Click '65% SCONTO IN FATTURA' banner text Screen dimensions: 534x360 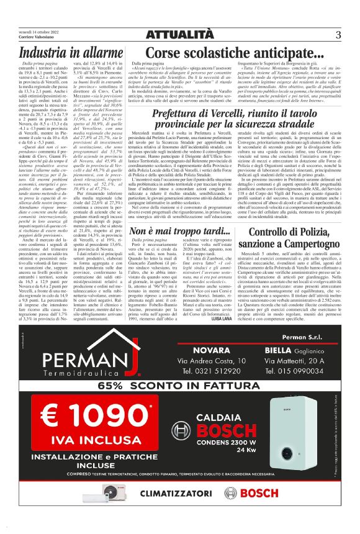180,386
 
